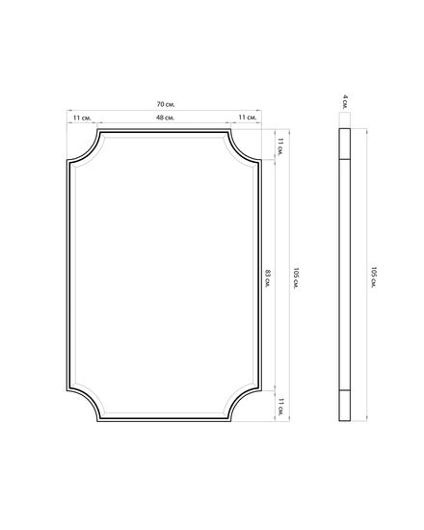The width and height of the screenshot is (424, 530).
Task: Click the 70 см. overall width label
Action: (166, 104)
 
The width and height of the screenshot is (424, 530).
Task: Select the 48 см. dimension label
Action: (165, 118)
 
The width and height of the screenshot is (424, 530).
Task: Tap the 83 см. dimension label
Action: (268, 278)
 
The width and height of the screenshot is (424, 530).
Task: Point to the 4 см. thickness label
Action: (345, 102)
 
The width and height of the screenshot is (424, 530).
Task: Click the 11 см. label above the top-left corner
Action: (82, 118)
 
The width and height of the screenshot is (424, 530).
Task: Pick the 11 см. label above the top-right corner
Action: (248, 118)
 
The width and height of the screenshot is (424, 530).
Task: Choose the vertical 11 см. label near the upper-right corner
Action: (280, 147)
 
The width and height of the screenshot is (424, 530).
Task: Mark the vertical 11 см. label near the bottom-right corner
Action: (280, 407)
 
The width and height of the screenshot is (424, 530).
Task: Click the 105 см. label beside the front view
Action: (296, 278)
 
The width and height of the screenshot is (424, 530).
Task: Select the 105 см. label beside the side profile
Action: (374, 278)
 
